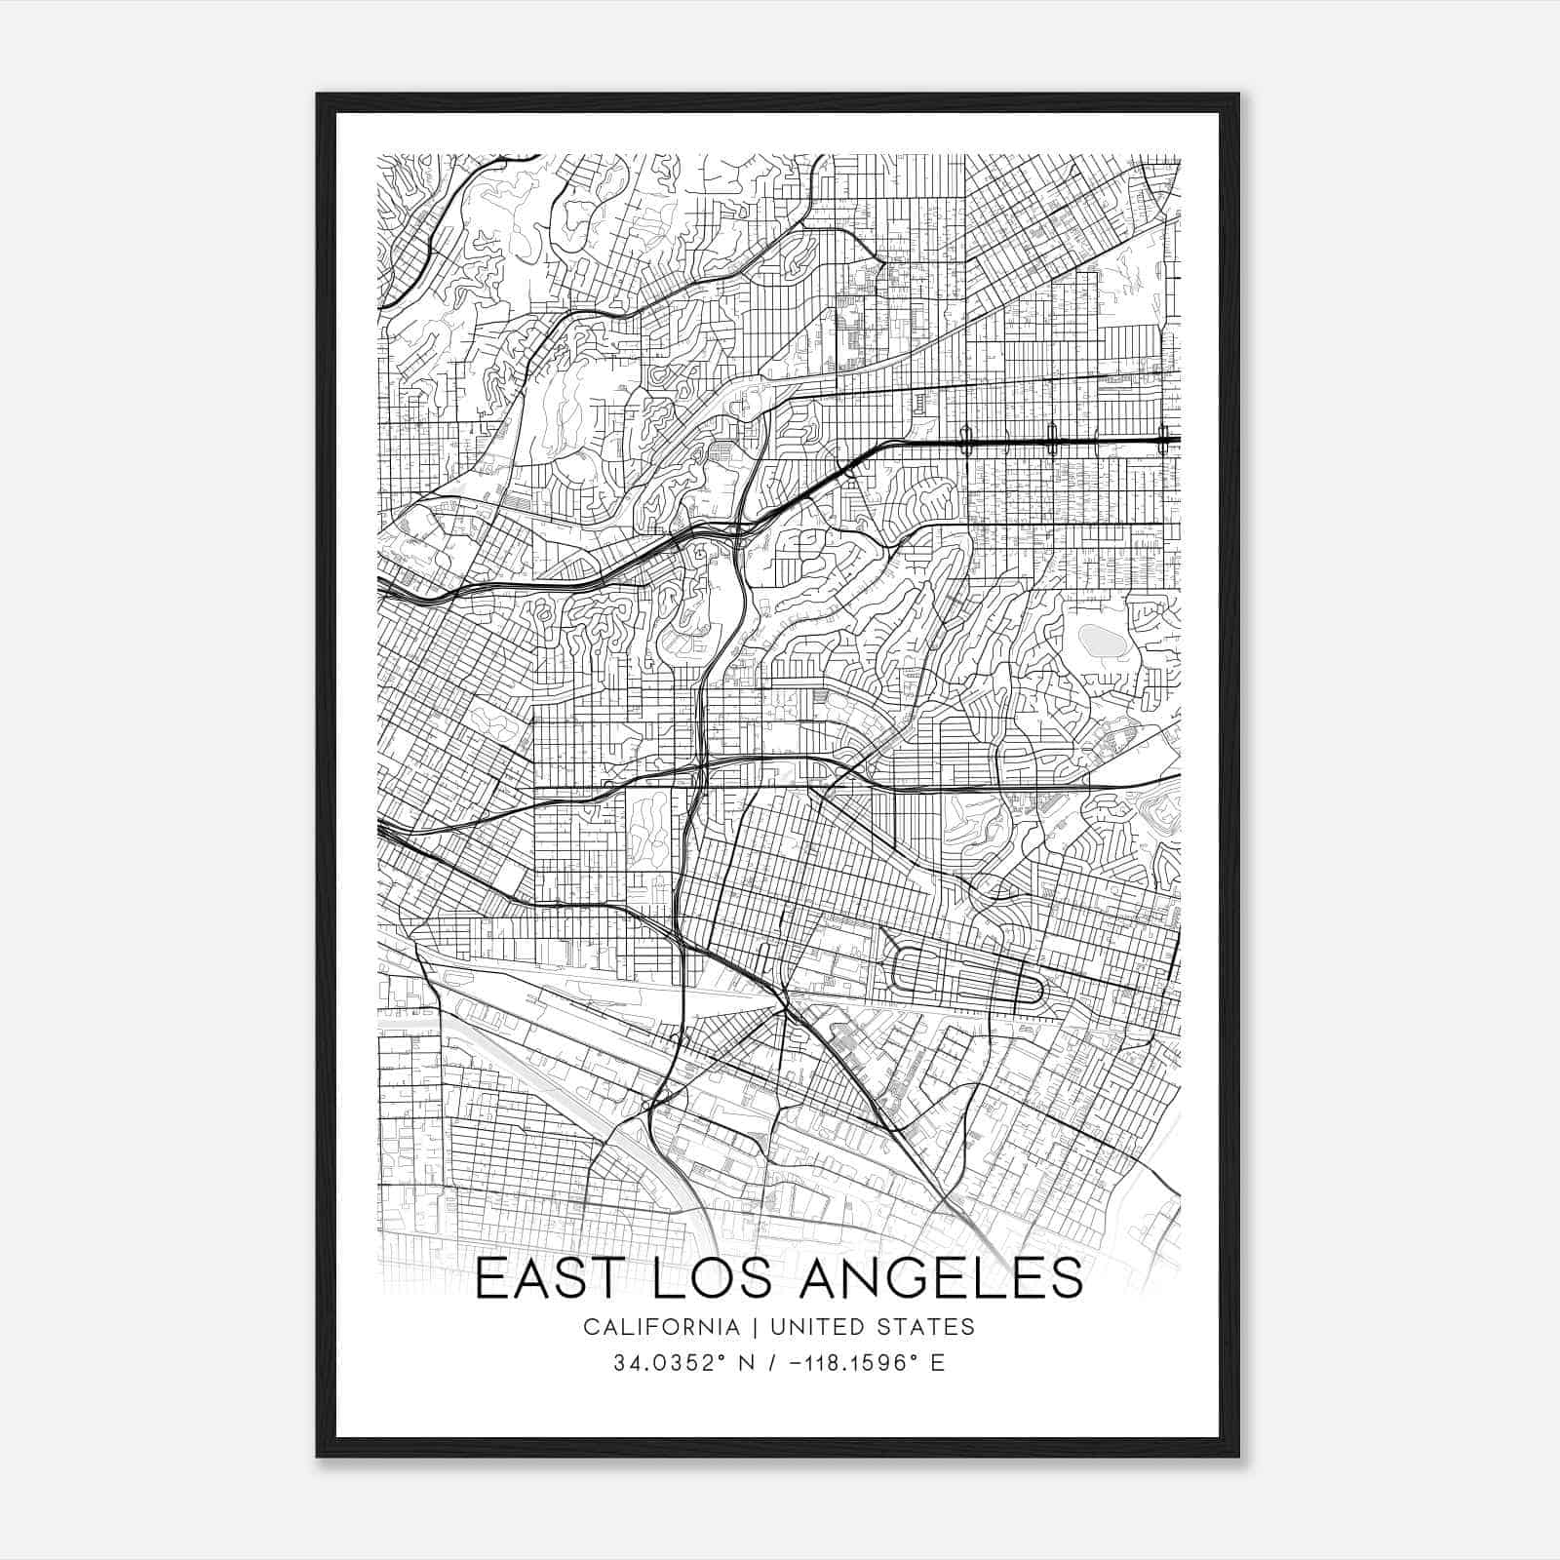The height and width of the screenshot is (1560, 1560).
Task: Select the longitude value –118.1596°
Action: coord(838,1362)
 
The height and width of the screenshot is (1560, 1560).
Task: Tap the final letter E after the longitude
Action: coord(937,1362)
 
